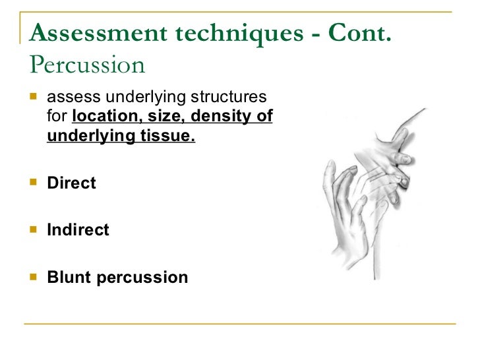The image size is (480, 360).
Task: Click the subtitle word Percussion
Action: point(87,65)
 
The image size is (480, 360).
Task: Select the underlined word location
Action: point(100,118)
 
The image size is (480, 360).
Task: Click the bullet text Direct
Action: point(71,183)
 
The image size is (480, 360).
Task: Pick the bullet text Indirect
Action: point(78,230)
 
